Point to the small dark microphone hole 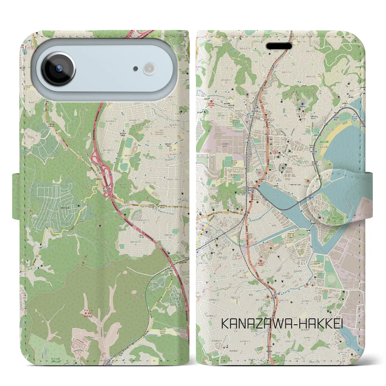point(136,69)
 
